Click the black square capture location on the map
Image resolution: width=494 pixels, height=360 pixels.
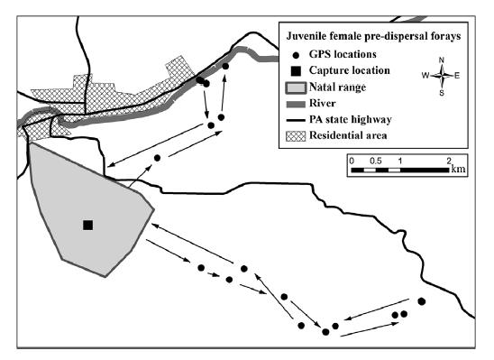[x=87, y=225]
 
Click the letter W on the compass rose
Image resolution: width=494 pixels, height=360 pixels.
[x=425, y=76]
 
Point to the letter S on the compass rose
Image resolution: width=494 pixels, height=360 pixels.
[x=442, y=92]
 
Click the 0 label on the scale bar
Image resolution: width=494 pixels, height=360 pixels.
[x=351, y=159]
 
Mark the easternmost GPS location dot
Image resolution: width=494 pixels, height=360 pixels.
[x=422, y=300]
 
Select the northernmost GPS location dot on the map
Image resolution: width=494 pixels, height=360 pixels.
[x=225, y=66]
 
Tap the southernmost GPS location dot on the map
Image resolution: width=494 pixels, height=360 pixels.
[x=325, y=331]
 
